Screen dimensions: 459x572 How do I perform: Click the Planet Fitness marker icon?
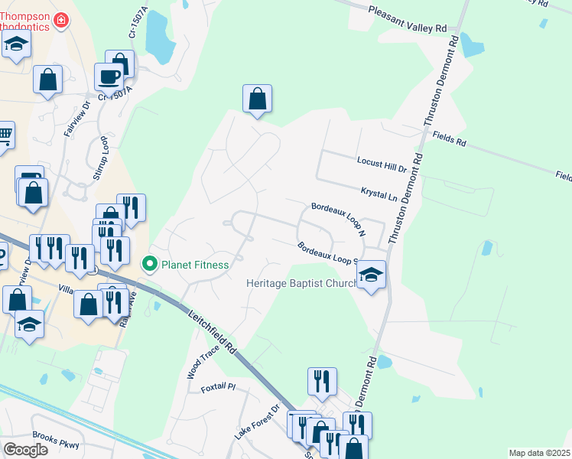coord(151,265)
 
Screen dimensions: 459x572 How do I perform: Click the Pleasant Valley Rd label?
coord(407,20)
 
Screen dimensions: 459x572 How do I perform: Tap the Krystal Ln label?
coord(379,193)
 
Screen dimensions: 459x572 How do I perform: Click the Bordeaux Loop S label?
coord(329,252)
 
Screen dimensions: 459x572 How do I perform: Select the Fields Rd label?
coord(449,139)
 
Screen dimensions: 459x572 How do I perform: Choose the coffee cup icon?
coord(109,76)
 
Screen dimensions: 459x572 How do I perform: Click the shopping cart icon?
coord(5,135)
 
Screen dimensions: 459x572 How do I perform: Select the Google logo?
coord(25,449)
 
